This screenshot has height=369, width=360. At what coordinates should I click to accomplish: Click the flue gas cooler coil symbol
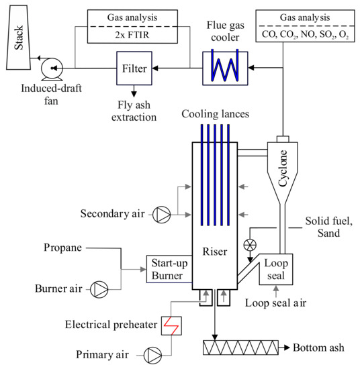221,68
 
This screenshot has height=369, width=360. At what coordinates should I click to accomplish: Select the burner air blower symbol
99,289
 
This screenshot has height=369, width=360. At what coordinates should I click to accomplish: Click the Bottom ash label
320,348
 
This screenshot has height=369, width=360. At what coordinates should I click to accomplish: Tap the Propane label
63,248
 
